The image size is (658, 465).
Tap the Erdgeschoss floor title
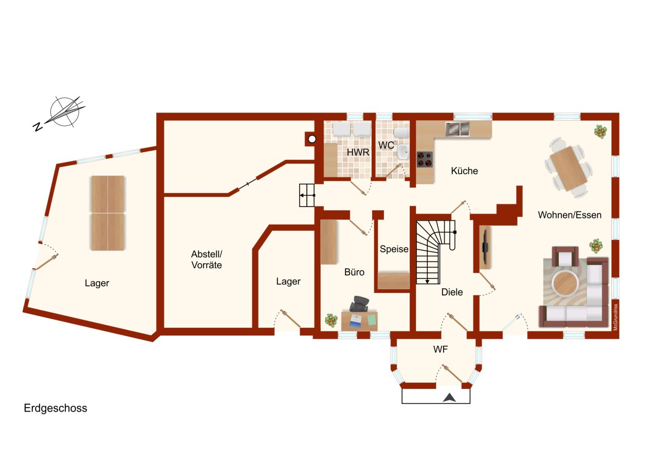click(56, 408)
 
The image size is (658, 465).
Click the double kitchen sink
click(457, 129)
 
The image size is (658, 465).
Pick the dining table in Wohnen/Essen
click(568, 168)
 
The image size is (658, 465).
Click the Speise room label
click(394, 249)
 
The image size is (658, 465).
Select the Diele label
click(452, 292)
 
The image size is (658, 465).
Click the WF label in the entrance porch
click(440, 350)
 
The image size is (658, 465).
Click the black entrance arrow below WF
click(449, 397)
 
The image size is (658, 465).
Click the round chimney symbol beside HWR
click(312, 138)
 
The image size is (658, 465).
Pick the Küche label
click(464, 171)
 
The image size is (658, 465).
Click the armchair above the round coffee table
click(565, 256)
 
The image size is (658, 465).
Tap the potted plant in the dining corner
click(599, 132)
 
